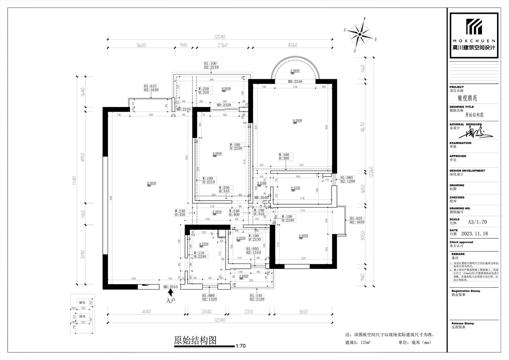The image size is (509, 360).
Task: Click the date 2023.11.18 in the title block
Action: coord(474,234)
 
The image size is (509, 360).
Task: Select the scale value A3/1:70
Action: coord(478,223)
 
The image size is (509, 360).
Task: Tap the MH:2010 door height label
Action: coord(171,287)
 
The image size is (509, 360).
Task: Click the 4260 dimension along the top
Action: coord(292,45)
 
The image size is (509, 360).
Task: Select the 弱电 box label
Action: coord(82,317)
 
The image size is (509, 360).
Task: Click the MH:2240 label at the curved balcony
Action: coord(295,81)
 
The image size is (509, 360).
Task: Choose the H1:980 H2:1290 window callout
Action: coord(347,179)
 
